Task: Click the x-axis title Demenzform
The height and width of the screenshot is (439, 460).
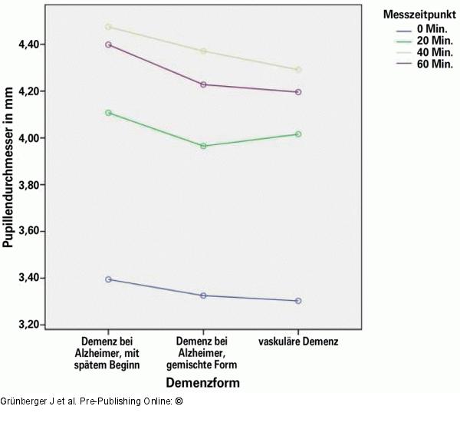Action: pyautogui.click(x=203, y=382)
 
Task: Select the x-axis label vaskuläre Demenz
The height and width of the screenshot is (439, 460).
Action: pyautogui.click(x=298, y=341)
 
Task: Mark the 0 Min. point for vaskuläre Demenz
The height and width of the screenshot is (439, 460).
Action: pyautogui.click(x=298, y=301)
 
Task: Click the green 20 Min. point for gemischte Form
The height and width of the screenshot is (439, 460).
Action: pyautogui.click(x=203, y=146)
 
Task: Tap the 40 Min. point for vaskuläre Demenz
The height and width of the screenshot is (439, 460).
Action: pyautogui.click(x=298, y=70)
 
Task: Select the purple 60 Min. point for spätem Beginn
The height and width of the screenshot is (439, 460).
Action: pyautogui.click(x=108, y=45)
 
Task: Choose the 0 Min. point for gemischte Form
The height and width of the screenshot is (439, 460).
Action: pyautogui.click(x=203, y=295)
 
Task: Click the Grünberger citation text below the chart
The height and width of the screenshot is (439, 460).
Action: pyautogui.click(x=91, y=401)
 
